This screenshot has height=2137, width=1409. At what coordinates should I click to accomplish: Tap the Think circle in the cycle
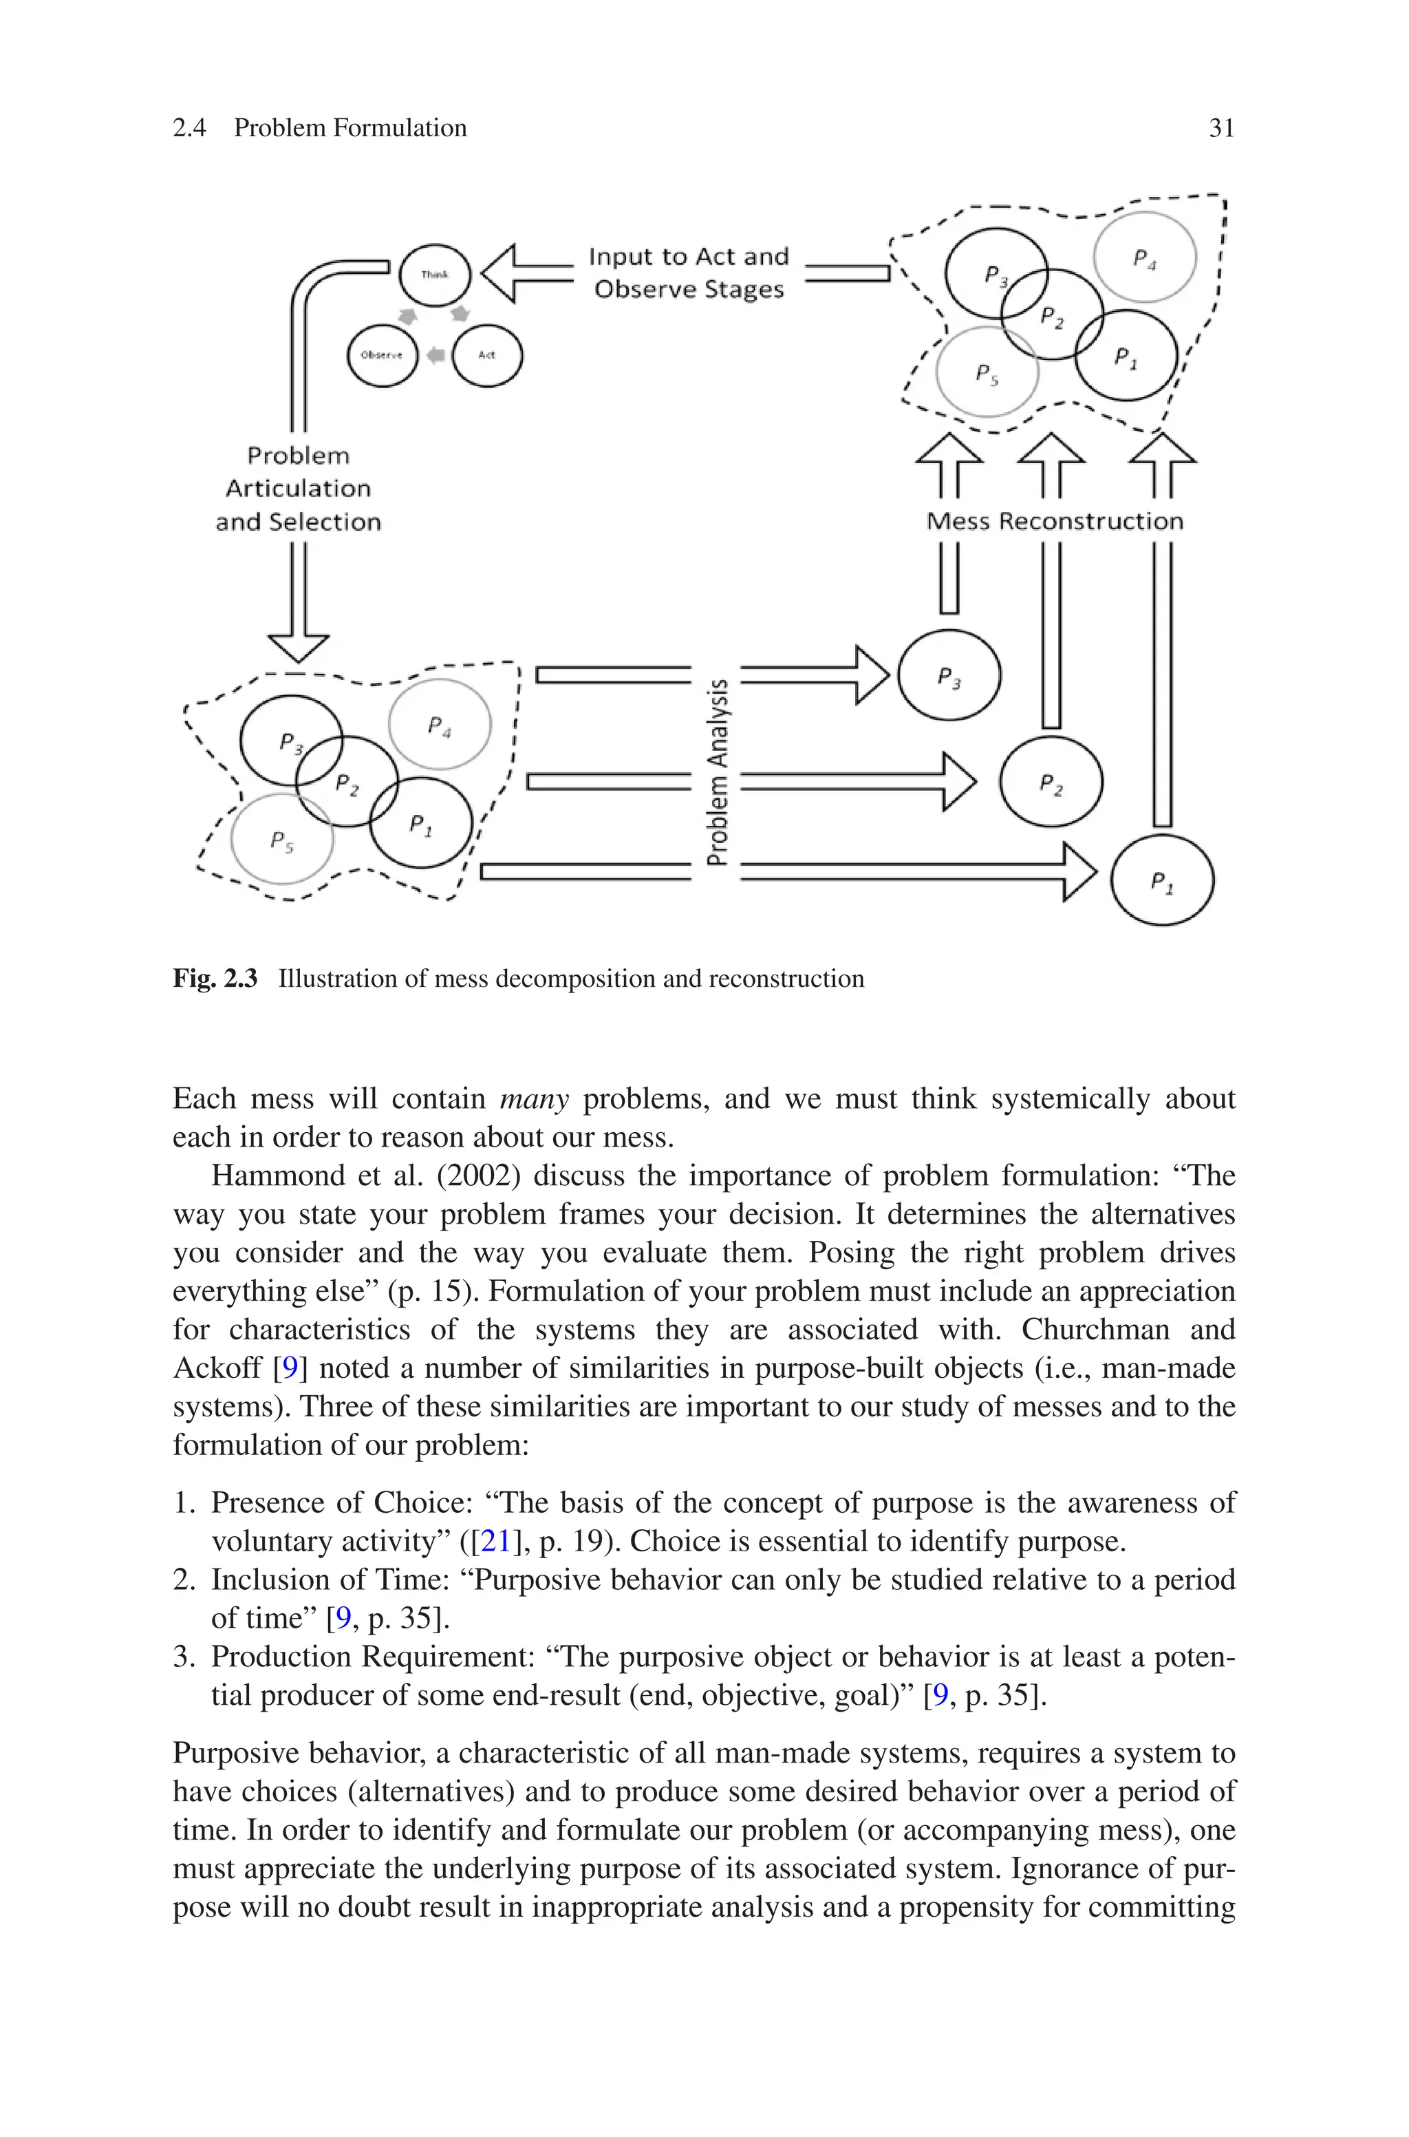pyautogui.click(x=434, y=275)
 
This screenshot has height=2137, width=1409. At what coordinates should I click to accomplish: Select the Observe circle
pyautogui.click(x=382, y=355)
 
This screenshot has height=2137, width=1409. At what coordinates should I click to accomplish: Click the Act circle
pyautogui.click(x=486, y=355)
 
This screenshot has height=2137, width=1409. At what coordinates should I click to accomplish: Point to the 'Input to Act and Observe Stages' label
pyautogui.click(x=688, y=273)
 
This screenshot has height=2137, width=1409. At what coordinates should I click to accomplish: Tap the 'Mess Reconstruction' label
pyautogui.click(x=1054, y=521)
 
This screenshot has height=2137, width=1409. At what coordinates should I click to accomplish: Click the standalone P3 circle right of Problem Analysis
pyautogui.click(x=949, y=676)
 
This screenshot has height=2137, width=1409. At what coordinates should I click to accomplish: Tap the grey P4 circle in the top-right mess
pyautogui.click(x=1144, y=258)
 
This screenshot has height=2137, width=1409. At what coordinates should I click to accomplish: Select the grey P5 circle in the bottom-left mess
pyautogui.click(x=282, y=840)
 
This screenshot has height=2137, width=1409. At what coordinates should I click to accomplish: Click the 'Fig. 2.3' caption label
pyautogui.click(x=215, y=979)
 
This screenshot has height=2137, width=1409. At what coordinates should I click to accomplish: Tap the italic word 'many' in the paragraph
pyautogui.click(x=534, y=1099)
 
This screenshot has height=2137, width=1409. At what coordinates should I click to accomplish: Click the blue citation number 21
pyautogui.click(x=495, y=1541)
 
